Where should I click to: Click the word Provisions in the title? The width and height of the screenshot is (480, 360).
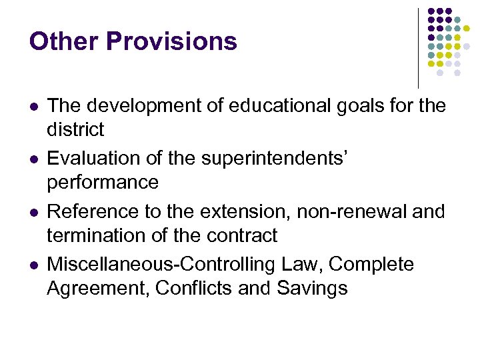(x=171, y=41)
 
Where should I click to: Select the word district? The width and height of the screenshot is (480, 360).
(x=75, y=129)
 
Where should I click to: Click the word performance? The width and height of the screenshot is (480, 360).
(x=103, y=183)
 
